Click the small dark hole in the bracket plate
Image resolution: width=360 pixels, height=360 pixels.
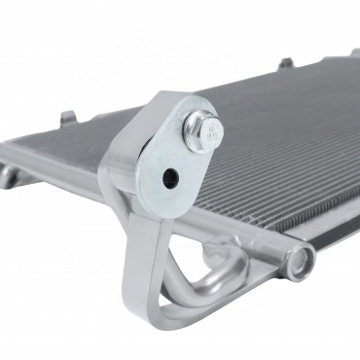click(x=170, y=178)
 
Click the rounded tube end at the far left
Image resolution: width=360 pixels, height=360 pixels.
click(x=9, y=176)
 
